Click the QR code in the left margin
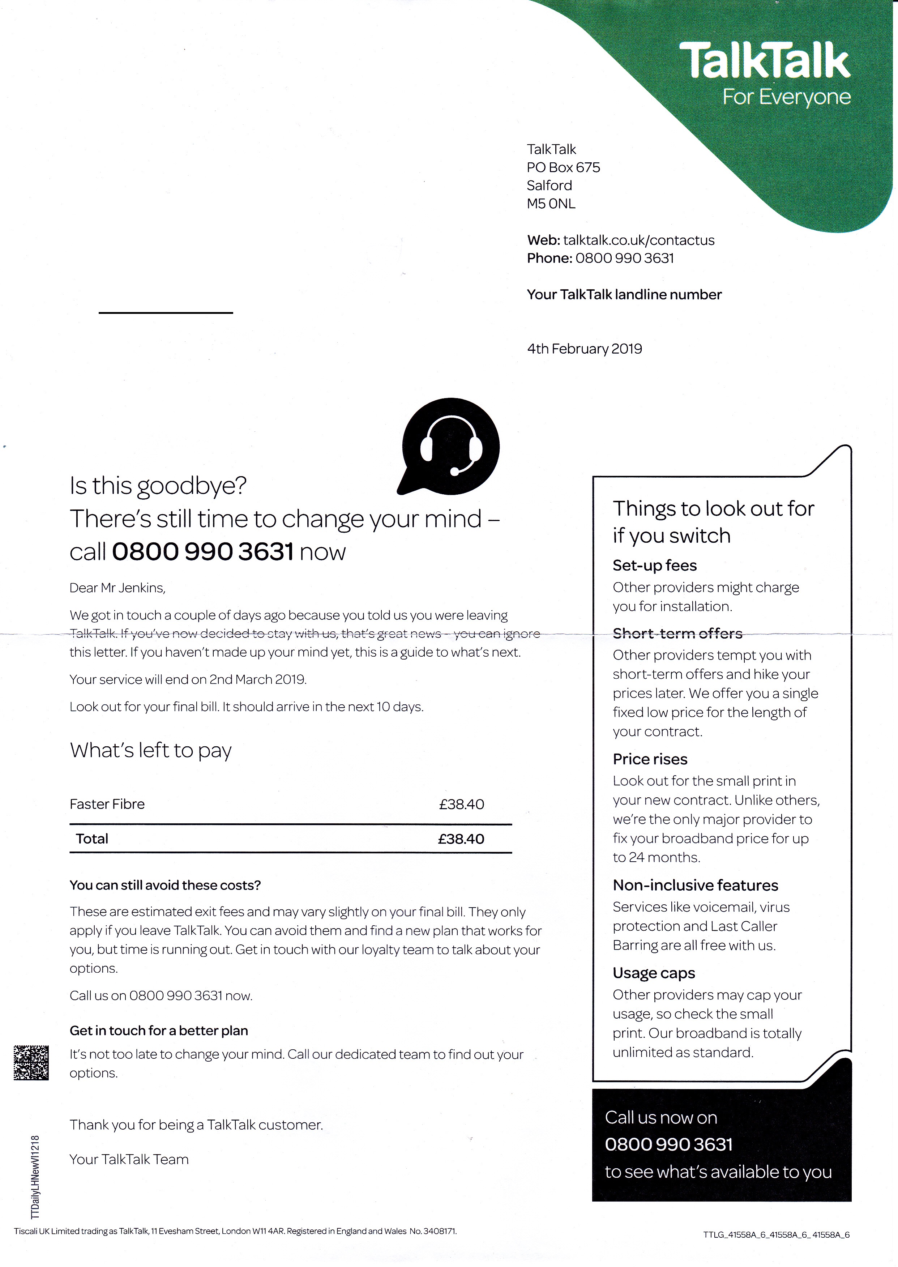click(31, 1062)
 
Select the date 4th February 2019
click(585, 349)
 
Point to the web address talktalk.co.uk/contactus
click(639, 240)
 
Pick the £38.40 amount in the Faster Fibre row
click(461, 804)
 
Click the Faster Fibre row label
click(107, 804)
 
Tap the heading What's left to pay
click(150, 750)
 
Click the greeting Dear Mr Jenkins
click(117, 588)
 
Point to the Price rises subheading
click(650, 759)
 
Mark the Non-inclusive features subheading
click(695, 886)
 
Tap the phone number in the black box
click(668, 1144)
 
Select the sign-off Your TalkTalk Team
click(129, 1159)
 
